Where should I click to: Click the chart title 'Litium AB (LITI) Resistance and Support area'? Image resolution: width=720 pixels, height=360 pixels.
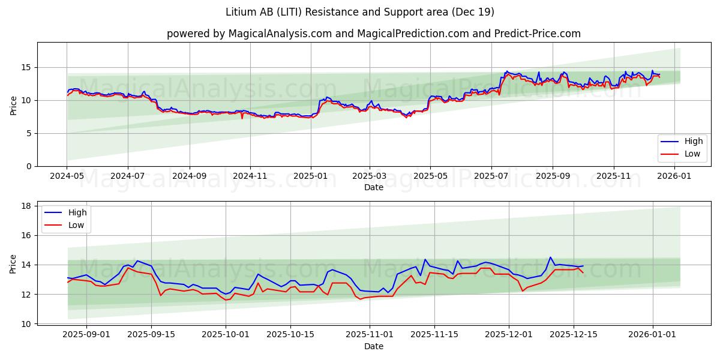(360, 12)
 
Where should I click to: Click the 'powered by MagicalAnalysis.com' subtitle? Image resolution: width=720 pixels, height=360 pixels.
(373, 34)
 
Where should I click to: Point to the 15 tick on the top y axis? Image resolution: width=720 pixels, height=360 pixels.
(27, 67)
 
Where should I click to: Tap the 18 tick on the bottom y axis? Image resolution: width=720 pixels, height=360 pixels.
(27, 206)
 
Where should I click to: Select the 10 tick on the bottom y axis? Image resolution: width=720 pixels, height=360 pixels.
(27, 324)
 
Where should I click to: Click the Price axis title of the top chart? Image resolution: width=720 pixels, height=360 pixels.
(14, 104)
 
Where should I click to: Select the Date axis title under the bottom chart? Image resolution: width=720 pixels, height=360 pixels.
(373, 346)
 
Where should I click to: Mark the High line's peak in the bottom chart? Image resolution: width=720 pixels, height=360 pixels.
(550, 257)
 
